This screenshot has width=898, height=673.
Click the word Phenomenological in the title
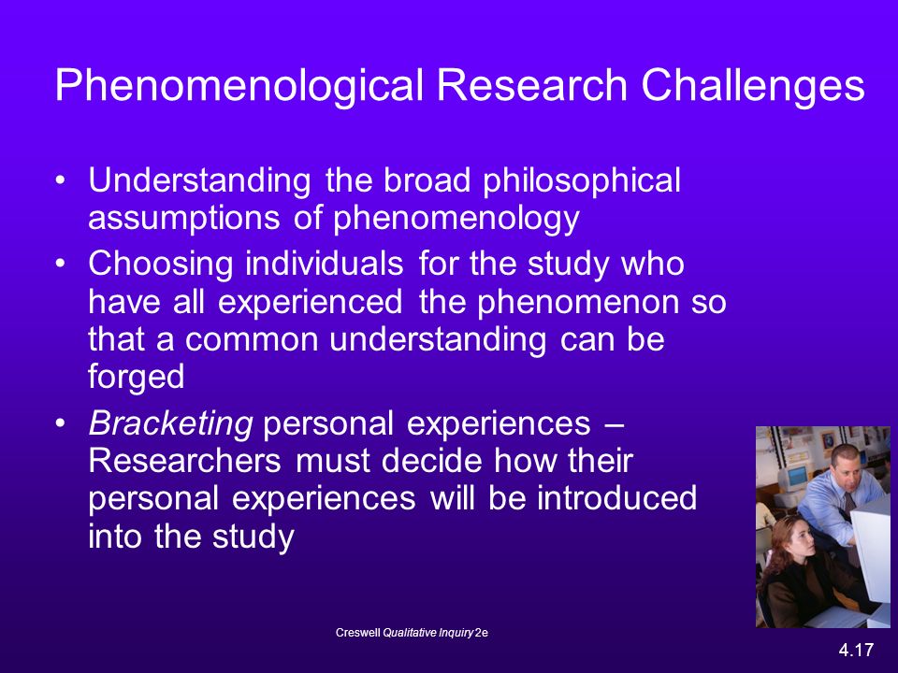tap(239, 86)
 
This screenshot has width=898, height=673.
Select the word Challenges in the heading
tap(752, 86)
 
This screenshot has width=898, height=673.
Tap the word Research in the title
tap(532, 85)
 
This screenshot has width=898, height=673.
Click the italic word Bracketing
tap(170, 424)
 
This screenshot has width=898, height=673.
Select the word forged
tap(137, 378)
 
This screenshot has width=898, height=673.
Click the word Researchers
tap(184, 461)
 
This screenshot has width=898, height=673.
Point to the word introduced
tap(616, 498)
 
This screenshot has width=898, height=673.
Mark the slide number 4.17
tap(856, 651)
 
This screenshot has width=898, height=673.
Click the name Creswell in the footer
tap(358, 633)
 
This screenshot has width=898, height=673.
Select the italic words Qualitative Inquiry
tap(427, 633)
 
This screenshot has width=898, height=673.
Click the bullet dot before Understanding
tap(61, 180)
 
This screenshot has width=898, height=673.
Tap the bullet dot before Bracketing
tap(61, 424)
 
